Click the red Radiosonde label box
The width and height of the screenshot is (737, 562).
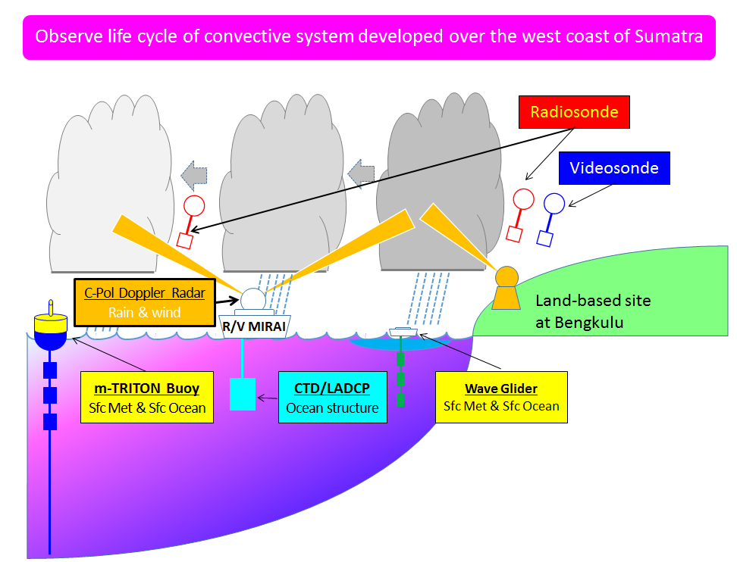point(574,112)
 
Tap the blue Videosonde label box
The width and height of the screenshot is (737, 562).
point(614,168)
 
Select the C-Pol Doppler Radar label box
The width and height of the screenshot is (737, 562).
point(145,302)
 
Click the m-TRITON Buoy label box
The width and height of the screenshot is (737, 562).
point(147,397)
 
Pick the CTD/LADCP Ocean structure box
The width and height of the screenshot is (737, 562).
point(333,397)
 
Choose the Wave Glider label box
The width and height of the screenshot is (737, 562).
point(501,397)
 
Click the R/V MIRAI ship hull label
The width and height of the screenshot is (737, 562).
point(254,326)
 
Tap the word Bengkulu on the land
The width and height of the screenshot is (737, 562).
point(588,323)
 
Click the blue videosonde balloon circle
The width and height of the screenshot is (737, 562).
point(554,204)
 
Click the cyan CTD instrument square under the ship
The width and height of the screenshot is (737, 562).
point(243,395)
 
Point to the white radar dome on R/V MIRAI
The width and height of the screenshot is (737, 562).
point(253,299)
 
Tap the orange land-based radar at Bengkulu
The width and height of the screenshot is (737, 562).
point(506,288)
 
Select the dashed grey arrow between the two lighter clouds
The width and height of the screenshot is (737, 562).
point(194,176)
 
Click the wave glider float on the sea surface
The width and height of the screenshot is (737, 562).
point(403,332)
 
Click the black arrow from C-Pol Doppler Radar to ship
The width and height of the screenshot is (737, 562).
point(228,300)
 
